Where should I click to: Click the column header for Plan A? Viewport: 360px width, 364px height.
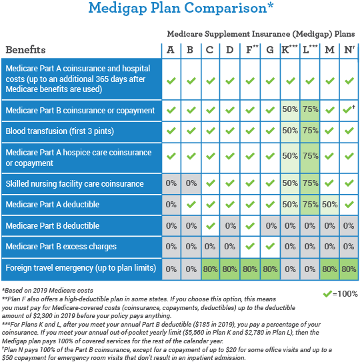pyautogui.click(x=171, y=49)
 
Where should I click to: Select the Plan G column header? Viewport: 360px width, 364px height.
pyautogui.click(x=270, y=49)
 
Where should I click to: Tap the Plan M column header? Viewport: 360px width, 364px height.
pyautogui.click(x=330, y=49)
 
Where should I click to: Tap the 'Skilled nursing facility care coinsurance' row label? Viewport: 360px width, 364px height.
pyautogui.click(x=74, y=183)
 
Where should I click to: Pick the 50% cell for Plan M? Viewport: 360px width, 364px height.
pyautogui.click(x=330, y=204)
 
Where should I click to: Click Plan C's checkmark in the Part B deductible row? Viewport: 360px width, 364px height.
pyautogui.click(x=211, y=225)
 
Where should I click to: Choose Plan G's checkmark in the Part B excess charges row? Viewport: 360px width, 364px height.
pyautogui.click(x=270, y=247)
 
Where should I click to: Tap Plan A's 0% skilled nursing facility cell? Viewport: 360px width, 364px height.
pyautogui.click(x=171, y=183)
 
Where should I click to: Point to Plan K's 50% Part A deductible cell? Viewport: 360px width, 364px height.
pyautogui.click(x=290, y=204)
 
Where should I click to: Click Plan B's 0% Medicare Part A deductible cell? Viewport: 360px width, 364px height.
pyautogui.click(x=191, y=204)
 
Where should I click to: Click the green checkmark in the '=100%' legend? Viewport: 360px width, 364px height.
pyautogui.click(x=327, y=293)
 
